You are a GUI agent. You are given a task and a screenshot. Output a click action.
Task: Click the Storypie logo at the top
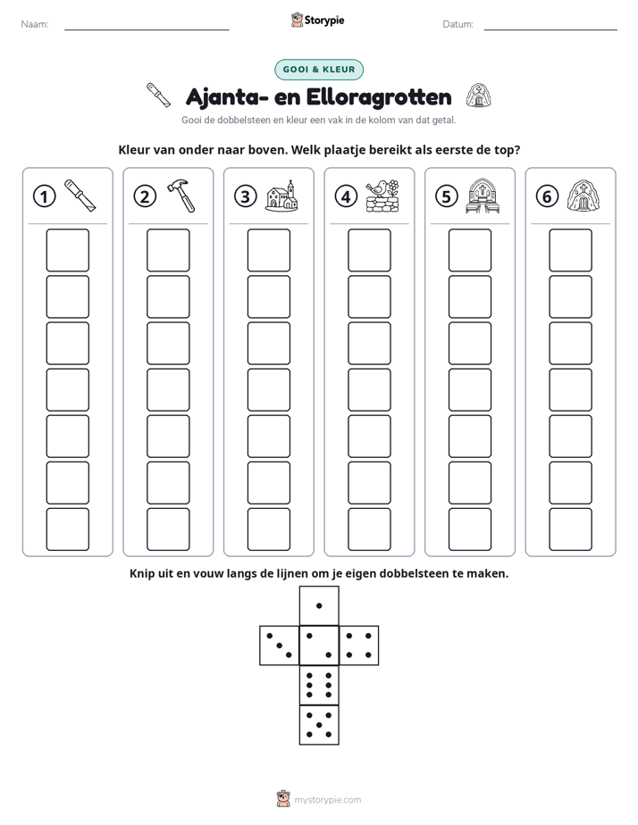318,20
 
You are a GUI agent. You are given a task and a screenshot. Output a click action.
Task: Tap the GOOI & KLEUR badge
319,70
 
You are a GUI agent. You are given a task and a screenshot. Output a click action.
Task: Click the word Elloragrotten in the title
379,96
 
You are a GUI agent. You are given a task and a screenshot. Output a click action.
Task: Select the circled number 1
44,196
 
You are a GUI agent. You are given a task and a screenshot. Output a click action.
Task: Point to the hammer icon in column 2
181,196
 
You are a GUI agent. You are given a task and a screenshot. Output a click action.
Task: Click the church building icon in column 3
281,196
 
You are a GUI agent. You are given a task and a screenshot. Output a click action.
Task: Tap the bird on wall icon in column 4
382,196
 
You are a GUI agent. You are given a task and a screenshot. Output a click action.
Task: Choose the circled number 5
447,196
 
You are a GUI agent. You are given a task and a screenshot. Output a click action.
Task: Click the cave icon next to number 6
583,196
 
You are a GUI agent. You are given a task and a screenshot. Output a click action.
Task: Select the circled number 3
246,196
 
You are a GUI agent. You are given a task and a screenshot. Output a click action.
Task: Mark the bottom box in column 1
67,529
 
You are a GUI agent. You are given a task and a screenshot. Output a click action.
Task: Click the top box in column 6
571,250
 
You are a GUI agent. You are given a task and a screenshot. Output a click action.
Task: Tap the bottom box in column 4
370,529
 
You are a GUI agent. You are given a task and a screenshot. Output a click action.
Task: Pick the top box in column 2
168,250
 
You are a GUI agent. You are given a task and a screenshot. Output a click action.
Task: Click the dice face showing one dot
319,605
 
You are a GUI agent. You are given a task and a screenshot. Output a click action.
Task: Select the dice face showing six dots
319,685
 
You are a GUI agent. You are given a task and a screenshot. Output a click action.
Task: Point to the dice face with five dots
319,724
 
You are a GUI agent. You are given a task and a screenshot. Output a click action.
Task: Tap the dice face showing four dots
359,646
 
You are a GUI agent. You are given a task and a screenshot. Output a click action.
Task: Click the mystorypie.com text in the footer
327,800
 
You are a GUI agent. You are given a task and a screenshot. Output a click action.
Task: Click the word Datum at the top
458,24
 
